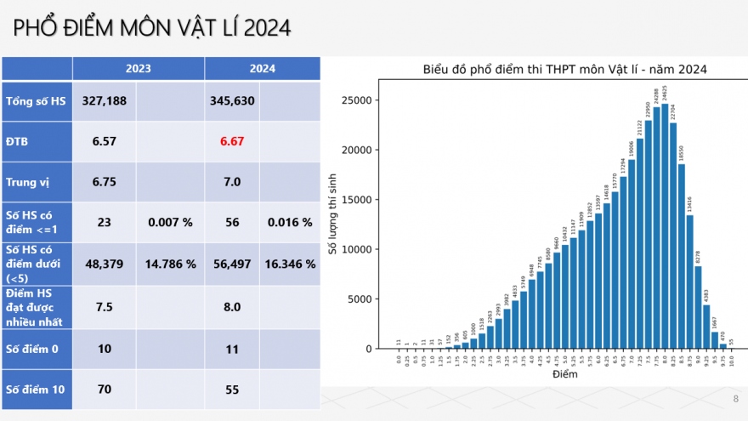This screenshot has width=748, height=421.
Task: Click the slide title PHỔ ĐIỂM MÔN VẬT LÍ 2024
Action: coord(152,28)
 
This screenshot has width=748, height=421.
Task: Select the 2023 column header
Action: coord(139,69)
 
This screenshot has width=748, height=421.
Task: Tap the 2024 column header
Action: coord(262,69)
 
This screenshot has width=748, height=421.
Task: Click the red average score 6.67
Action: coord(232,141)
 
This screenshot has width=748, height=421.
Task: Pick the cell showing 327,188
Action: coord(105,101)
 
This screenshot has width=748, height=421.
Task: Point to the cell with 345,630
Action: coord(232,101)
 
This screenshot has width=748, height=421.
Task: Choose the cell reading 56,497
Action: coord(232,264)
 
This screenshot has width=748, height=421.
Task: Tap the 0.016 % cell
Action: coord(290,222)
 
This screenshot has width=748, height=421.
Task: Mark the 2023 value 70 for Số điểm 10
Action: coord(105,390)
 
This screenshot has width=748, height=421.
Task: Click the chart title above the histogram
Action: coord(565,69)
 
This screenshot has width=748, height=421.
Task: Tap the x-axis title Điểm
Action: coord(564,374)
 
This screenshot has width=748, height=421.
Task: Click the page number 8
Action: coord(735,398)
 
